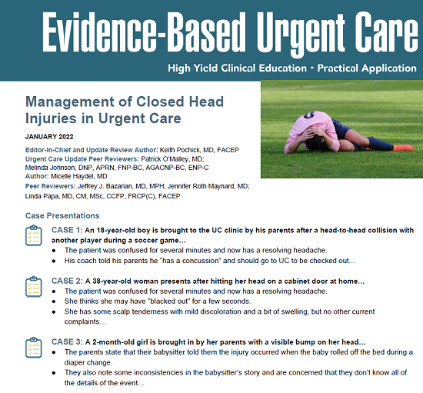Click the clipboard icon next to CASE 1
pos(33,236)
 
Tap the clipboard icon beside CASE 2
pos(33,288)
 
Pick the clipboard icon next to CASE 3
pos(33,348)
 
